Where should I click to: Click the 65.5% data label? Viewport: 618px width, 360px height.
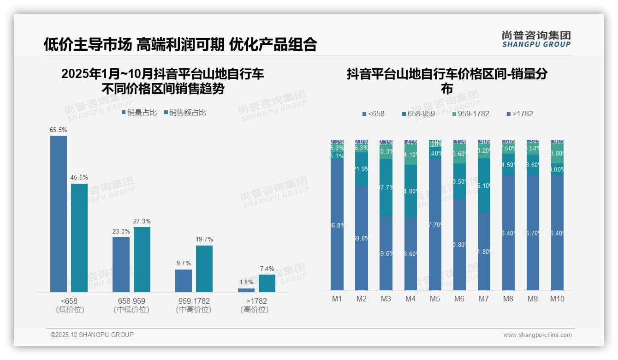click(x=58, y=130)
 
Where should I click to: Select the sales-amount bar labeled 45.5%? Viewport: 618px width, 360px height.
click(x=79, y=238)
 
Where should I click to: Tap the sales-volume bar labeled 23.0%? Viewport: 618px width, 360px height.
click(x=121, y=264)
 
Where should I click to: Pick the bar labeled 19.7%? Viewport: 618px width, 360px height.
click(x=204, y=269)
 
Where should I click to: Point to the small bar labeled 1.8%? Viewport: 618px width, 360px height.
click(x=246, y=290)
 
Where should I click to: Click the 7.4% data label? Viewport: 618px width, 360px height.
click(x=267, y=269)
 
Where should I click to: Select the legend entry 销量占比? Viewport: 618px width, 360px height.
click(x=139, y=113)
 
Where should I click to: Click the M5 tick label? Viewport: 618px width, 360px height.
click(x=435, y=299)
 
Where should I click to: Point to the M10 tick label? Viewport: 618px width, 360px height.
click(x=557, y=299)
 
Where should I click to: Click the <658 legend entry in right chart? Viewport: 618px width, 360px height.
click(x=373, y=114)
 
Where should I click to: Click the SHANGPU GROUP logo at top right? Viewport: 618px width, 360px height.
click(x=536, y=39)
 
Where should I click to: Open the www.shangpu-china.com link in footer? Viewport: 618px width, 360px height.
click(x=537, y=335)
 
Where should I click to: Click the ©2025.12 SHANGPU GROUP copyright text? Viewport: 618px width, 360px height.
click(x=92, y=335)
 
